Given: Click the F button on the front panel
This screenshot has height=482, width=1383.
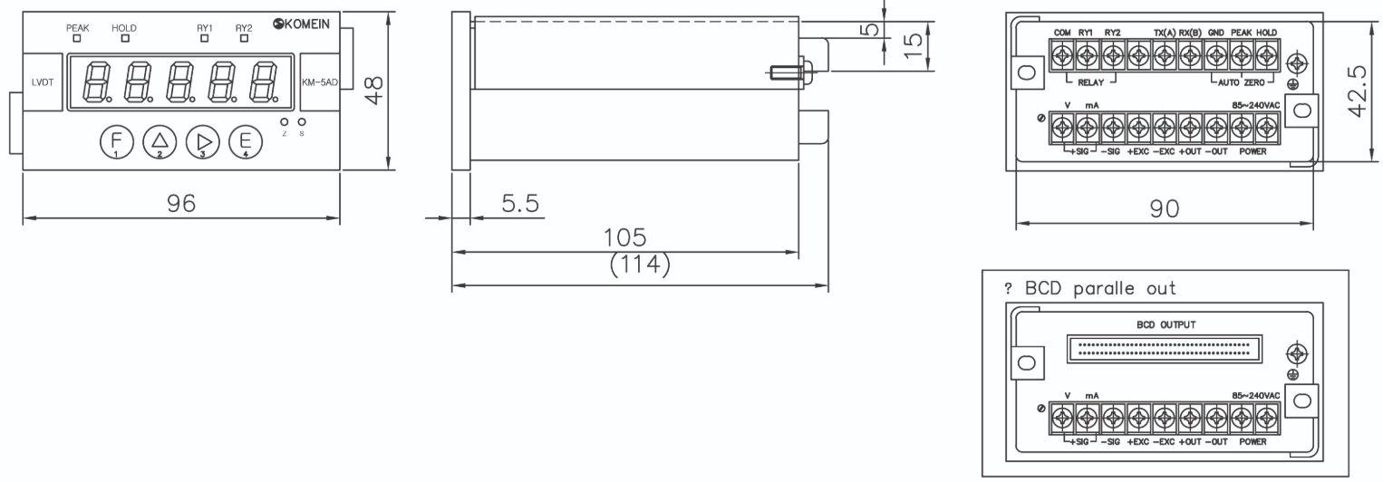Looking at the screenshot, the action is pos(116,141).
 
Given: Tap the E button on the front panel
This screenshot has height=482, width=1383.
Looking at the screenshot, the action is pos(245,141).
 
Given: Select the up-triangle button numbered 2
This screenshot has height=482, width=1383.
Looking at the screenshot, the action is pos(160,141).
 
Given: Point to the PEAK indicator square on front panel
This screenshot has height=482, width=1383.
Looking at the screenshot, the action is pos(77,38).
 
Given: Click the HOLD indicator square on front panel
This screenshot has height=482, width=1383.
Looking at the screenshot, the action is pos(125,38).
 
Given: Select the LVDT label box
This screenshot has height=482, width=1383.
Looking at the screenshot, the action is pos(43,82).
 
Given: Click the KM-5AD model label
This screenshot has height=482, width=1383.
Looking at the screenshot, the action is pos(320,82).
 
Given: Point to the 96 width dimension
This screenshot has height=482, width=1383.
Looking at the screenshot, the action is pos(181,203).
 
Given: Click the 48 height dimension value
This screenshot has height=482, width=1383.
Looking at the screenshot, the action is pos(375,91).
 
